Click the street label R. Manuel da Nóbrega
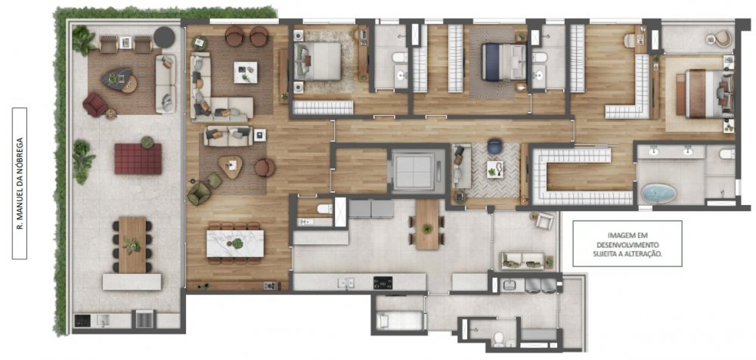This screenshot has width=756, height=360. tap(20, 183)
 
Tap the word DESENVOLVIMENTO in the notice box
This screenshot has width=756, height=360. tap(627, 244)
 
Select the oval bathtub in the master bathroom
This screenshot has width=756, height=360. tap(658, 193)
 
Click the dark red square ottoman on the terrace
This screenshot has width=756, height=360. tap(138, 159)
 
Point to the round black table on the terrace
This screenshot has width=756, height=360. tap(164, 37)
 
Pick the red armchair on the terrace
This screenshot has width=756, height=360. tap(95, 104)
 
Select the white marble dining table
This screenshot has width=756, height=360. tap(235, 244)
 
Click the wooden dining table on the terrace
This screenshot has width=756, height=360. tap(132, 245)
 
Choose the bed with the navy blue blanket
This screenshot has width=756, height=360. tap(503, 62)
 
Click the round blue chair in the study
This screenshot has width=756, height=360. tap(494, 146)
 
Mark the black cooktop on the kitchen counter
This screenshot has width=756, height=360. tap(383, 283)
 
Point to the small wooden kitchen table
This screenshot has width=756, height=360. tap(427, 225)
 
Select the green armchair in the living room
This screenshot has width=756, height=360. tap(199, 193)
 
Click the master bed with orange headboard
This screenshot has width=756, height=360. tap(705, 94)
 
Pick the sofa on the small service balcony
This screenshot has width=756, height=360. tap(522, 261)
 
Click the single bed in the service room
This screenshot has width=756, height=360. tap(400, 321)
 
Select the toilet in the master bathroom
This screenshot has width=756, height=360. tap(727, 154)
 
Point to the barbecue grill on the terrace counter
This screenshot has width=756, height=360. tap(144, 319)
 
